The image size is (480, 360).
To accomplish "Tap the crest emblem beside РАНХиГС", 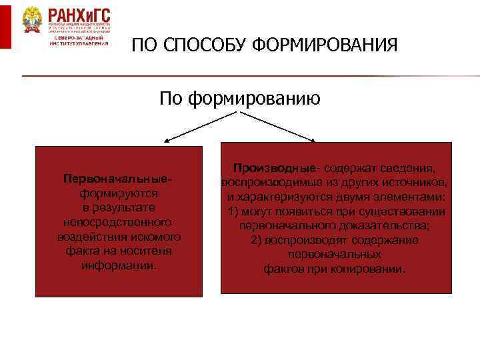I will pos(31,20).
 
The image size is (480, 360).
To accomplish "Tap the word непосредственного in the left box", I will pos(118,221).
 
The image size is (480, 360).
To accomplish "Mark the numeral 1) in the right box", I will pos(233,212).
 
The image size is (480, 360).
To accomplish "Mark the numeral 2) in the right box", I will pos(257,241).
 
